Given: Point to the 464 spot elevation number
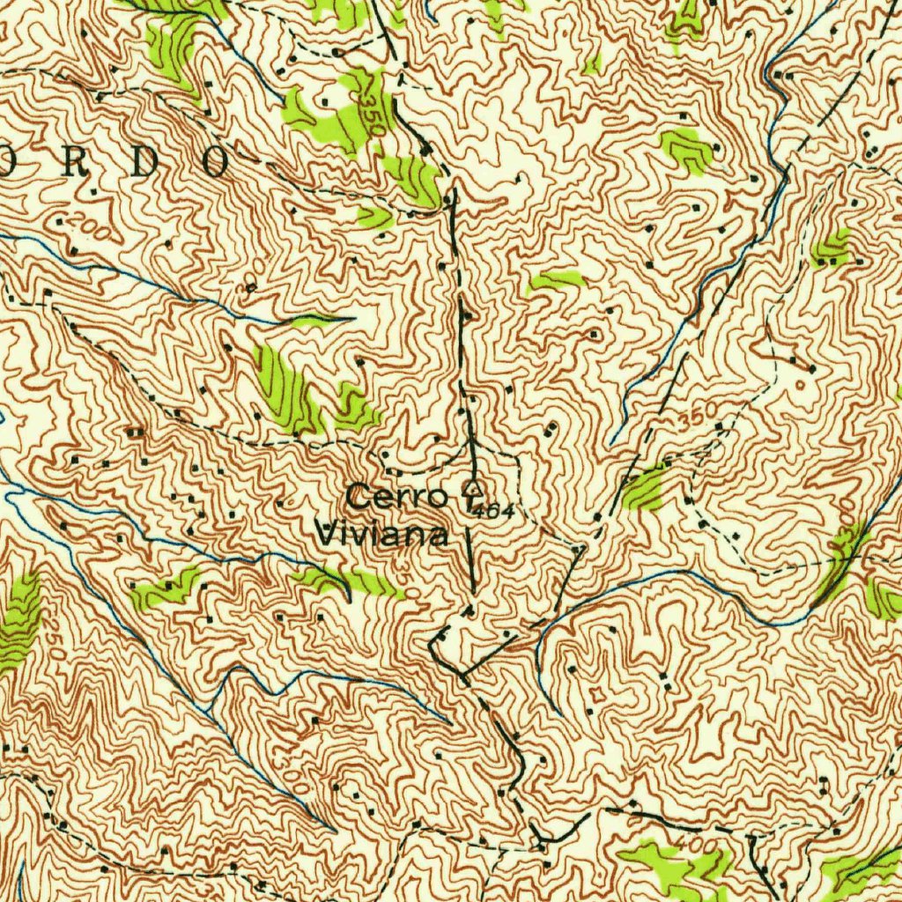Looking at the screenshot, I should [494, 509].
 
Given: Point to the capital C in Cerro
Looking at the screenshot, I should [357, 496].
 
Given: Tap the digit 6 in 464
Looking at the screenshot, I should [493, 509].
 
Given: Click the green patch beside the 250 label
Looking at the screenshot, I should [19, 621].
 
